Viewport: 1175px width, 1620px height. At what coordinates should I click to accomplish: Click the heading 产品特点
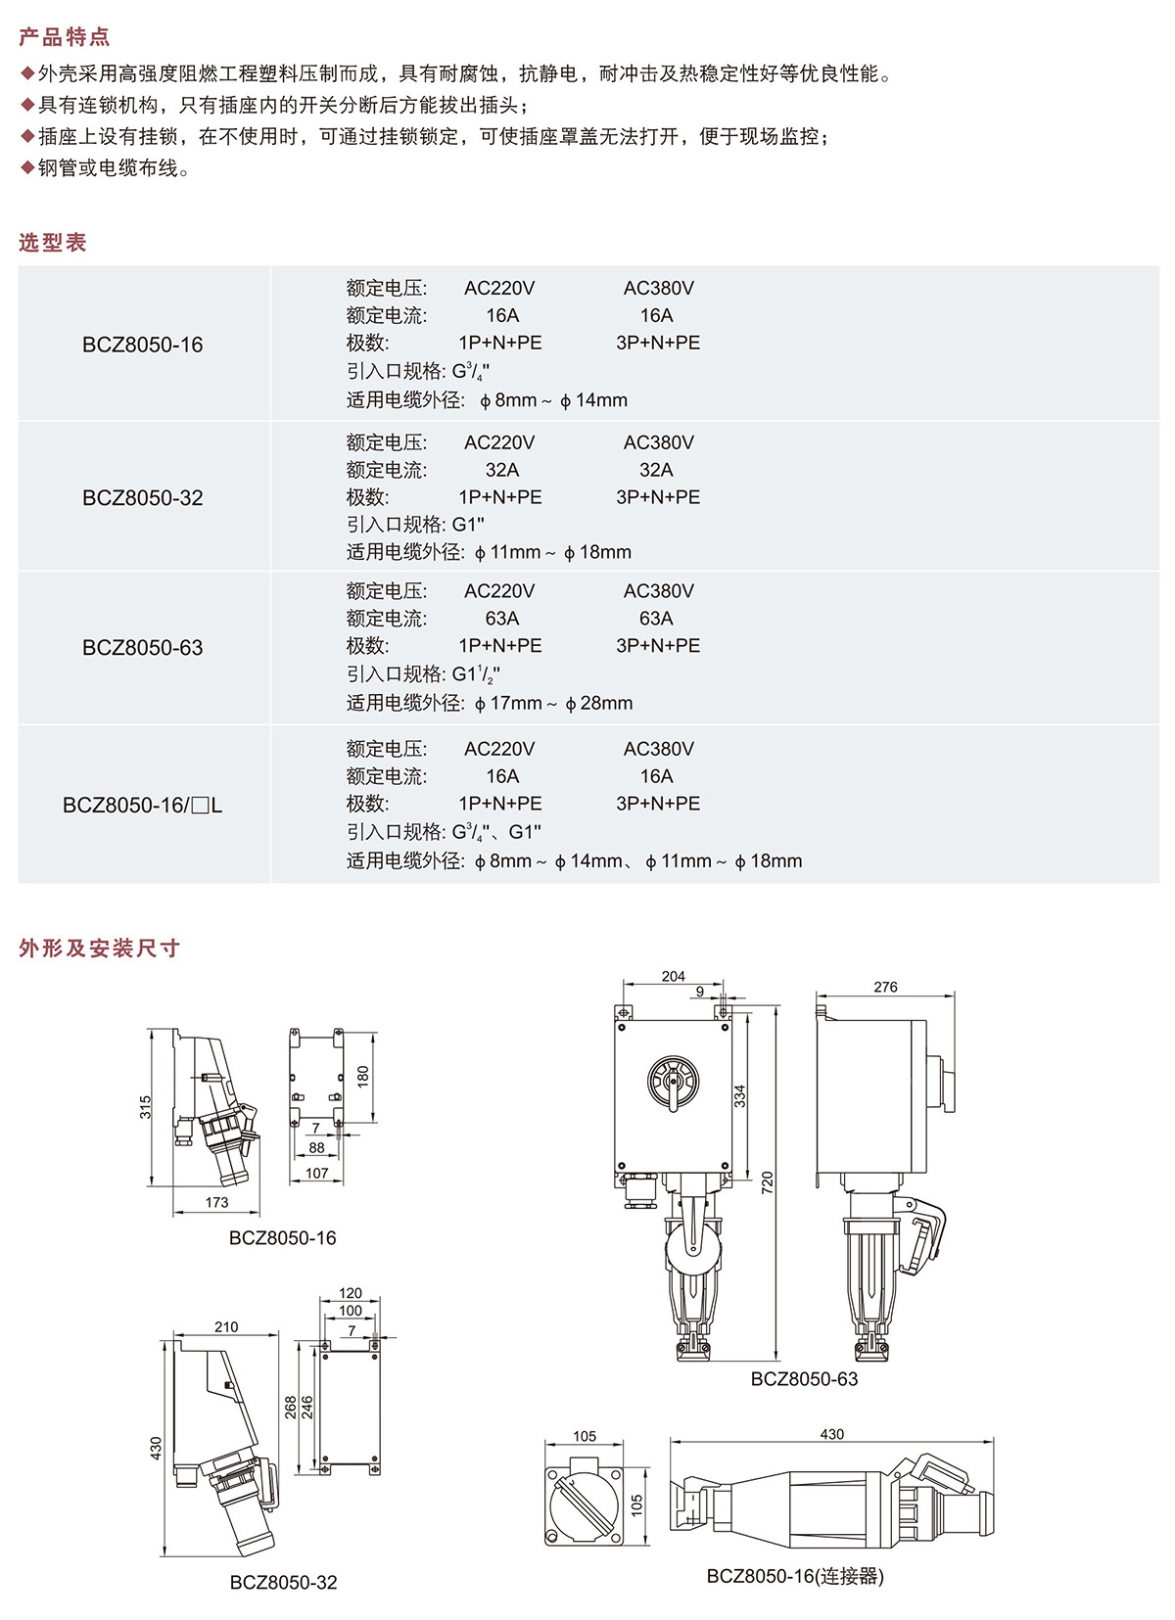(65, 37)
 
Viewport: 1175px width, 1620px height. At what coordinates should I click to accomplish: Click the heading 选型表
(53, 243)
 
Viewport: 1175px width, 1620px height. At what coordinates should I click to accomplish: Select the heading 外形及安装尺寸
(100, 948)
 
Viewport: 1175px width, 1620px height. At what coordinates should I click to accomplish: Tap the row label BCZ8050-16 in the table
(143, 345)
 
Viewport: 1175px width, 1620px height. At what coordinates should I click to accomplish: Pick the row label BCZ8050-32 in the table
(143, 498)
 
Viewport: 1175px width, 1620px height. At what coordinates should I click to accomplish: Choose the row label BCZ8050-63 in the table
(143, 648)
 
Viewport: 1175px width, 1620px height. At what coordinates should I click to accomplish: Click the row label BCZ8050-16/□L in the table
(143, 806)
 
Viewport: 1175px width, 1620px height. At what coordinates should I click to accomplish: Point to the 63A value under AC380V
(656, 619)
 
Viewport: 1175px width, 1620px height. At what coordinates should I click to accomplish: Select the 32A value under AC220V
(502, 470)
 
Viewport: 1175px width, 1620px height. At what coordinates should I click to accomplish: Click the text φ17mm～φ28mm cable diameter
(553, 703)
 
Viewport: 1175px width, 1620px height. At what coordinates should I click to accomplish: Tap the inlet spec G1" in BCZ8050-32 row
(468, 525)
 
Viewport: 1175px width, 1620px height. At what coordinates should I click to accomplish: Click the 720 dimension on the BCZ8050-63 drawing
(767, 1181)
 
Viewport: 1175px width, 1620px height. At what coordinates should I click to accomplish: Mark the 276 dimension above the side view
(885, 987)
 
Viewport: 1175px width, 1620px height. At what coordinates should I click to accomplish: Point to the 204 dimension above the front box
(674, 976)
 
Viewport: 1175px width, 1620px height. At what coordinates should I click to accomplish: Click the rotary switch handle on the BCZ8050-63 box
(674, 1085)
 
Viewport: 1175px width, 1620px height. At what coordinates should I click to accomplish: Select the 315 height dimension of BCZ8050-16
(146, 1107)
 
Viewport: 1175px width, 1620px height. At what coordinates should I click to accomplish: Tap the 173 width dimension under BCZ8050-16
(216, 1202)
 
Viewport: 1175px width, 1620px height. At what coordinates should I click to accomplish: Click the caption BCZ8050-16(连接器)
(795, 1576)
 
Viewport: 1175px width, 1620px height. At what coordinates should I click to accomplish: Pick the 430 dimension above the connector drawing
(831, 1434)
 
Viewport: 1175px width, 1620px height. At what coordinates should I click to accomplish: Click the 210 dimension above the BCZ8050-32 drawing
(226, 1327)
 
